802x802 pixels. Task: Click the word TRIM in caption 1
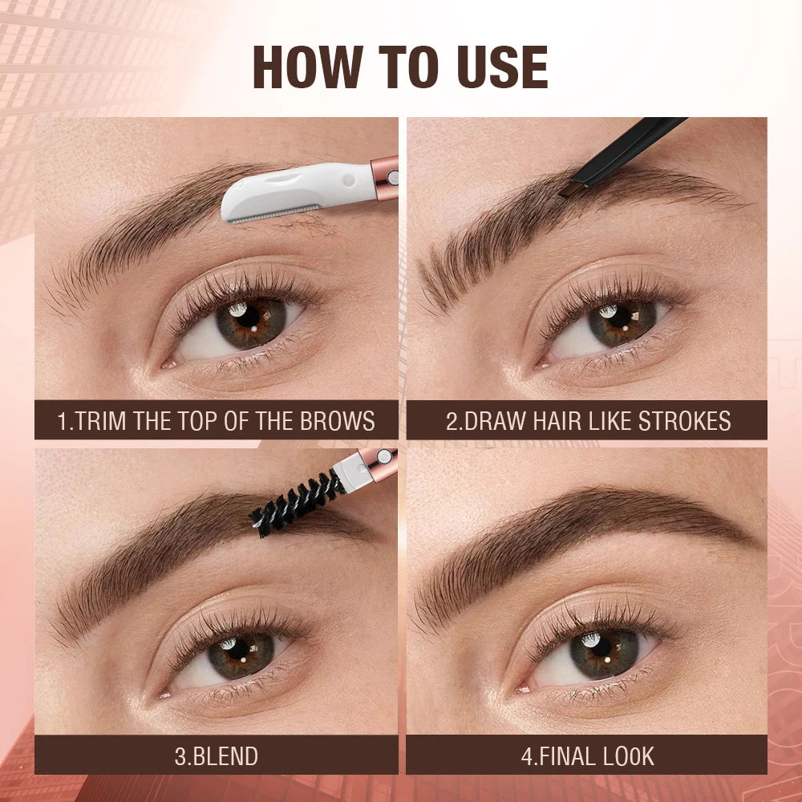pyautogui.click(x=101, y=421)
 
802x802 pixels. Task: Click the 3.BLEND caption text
pyautogui.click(x=216, y=755)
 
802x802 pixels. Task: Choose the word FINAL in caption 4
pyautogui.click(x=559, y=755)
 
